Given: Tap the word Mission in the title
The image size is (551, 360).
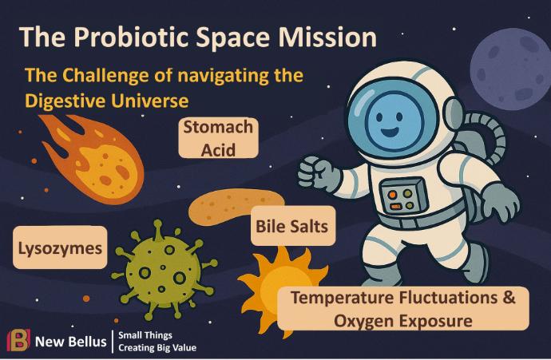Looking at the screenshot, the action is click(x=327, y=36).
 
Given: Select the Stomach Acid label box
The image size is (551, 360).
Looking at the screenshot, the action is click(x=218, y=137).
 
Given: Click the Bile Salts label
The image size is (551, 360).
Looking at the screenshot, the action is click(x=293, y=226).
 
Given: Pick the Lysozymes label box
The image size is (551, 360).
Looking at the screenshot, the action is click(x=60, y=247).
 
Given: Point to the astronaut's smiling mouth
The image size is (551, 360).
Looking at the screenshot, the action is click(x=390, y=133).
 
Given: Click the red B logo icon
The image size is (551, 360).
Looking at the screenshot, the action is click(x=18, y=340).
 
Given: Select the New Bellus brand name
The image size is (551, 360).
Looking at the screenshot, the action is click(x=70, y=342).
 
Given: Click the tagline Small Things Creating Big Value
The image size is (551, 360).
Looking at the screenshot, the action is click(x=157, y=342).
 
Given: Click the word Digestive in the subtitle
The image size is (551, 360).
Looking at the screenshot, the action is click(x=65, y=101).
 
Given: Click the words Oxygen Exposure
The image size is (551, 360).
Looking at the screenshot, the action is click(x=403, y=321).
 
